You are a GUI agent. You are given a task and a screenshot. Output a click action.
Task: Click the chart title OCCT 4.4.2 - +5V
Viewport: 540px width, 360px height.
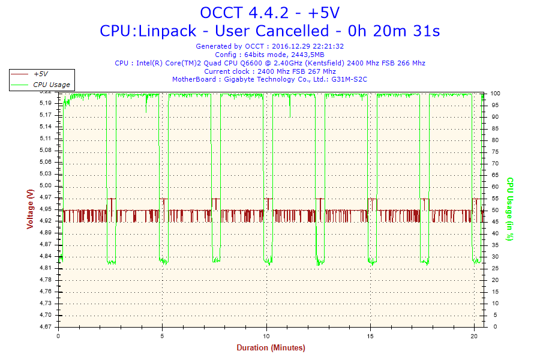269,13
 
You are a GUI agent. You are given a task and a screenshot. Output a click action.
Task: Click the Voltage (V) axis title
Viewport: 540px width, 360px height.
31,209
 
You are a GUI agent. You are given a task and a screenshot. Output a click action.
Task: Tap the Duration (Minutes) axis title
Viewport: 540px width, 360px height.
271,347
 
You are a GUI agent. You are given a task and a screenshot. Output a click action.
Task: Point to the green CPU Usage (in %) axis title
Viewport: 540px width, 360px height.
510,209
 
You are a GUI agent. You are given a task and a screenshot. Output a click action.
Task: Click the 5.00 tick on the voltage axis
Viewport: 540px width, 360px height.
46,185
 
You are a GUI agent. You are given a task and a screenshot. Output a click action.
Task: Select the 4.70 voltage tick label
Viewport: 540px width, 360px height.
46,315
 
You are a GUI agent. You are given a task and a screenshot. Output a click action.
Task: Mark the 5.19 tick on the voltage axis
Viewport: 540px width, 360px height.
46,103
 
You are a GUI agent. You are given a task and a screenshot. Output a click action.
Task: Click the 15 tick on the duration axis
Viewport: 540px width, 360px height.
370,336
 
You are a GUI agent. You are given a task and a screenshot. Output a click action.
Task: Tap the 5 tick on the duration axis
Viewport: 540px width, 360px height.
162,336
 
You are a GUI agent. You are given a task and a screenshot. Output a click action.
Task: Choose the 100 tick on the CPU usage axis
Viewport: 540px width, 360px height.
495,94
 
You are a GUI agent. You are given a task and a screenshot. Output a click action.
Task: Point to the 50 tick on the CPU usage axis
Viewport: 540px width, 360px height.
495,210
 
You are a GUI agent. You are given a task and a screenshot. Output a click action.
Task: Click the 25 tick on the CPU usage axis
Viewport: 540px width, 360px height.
495,268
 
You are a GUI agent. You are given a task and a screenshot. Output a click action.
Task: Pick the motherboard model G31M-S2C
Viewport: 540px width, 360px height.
349,79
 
